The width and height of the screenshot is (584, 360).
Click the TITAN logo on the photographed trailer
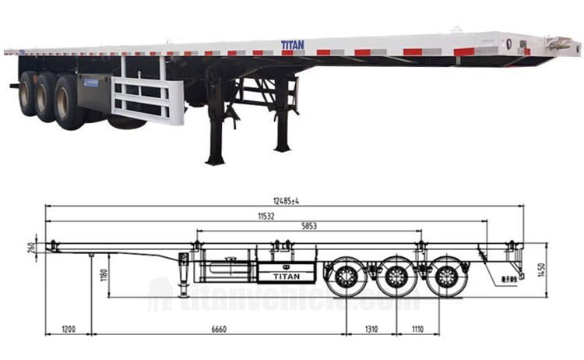[293, 45]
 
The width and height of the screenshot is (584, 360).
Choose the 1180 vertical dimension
[104, 274]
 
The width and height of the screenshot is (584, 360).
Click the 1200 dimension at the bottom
[69, 330]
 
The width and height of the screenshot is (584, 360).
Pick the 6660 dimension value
[217, 330]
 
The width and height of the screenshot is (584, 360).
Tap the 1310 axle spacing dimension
[371, 330]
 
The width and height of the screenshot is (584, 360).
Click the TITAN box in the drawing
[286, 273]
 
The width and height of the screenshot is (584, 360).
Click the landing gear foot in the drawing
[184, 294]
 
